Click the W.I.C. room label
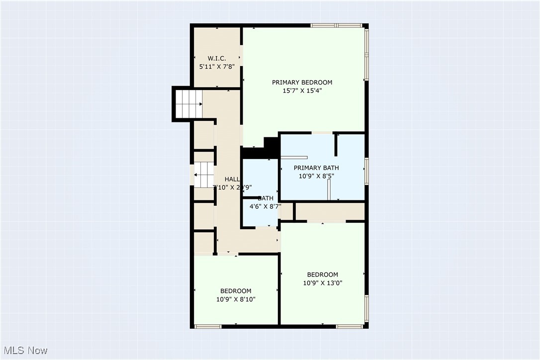point(217,58)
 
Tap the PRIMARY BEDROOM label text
point(302,83)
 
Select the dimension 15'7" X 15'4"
point(302,90)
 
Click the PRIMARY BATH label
point(316,168)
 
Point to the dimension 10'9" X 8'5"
point(316,176)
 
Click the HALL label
point(232,179)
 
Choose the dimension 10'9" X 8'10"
point(236,299)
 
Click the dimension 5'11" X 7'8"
point(217,66)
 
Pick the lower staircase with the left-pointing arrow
point(203,175)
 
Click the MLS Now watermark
point(24,351)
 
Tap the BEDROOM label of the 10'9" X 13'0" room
point(322,274)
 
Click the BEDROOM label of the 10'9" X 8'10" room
point(236,291)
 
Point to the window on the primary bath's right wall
point(366,171)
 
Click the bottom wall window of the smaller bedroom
point(207,326)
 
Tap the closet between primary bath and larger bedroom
point(331,211)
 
